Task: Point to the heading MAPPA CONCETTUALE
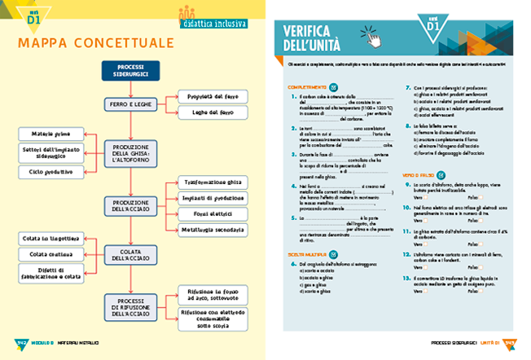click(x=94, y=42)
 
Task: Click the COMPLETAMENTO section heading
click(x=306, y=86)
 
